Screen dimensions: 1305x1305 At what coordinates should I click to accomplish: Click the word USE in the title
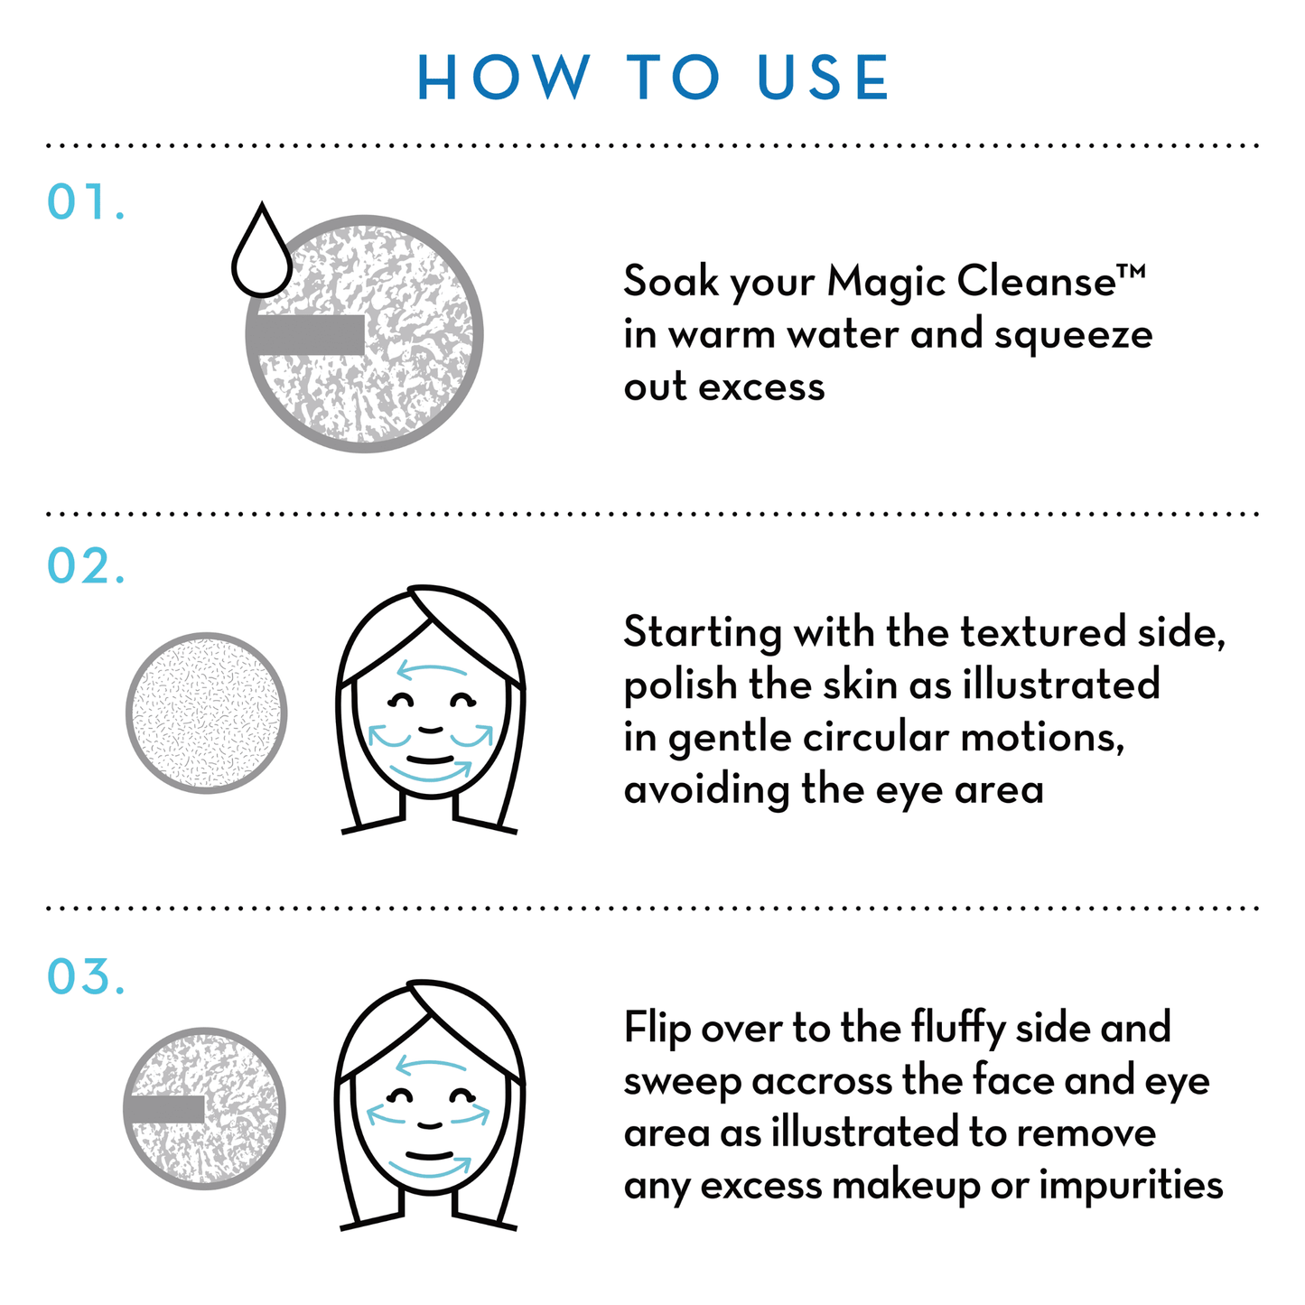click(824, 78)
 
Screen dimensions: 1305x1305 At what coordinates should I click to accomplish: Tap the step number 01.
click(85, 202)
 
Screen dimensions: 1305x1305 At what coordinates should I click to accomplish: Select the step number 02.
click(85, 566)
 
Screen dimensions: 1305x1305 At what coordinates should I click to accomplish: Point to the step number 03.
click(85, 977)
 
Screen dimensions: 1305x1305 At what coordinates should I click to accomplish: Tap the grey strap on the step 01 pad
click(306, 335)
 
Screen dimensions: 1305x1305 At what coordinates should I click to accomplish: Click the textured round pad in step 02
click(207, 713)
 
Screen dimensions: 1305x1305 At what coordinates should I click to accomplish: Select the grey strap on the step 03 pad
click(165, 1109)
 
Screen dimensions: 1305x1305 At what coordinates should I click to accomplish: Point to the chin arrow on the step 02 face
click(431, 772)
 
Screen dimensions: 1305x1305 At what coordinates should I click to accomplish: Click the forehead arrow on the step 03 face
click(432, 1067)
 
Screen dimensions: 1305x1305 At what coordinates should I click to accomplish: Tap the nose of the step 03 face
click(431, 1124)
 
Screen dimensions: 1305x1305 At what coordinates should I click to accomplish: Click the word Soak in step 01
click(669, 281)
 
